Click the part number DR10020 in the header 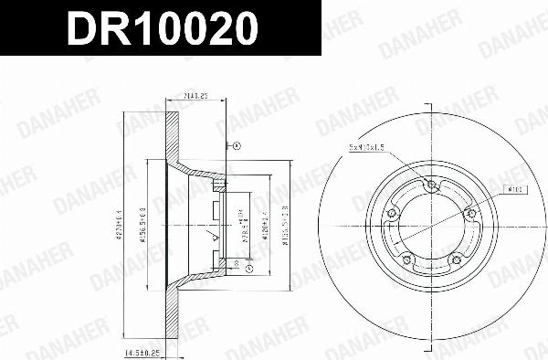[160, 31]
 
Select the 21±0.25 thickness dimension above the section [193, 94]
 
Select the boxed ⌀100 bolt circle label [513, 189]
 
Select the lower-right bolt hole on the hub [457, 262]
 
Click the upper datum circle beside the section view [234, 145]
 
